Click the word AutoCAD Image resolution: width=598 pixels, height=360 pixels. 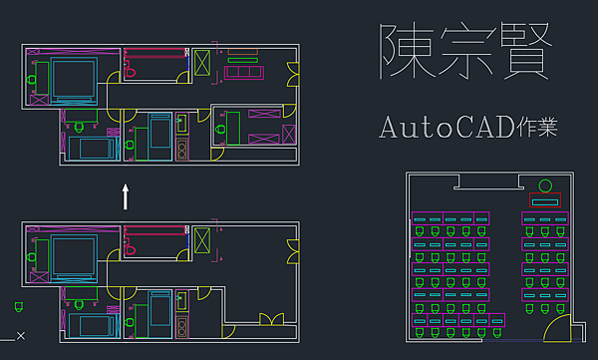442,127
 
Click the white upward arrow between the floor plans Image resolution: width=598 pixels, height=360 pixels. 126,195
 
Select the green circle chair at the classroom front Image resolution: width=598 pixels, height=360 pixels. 545,186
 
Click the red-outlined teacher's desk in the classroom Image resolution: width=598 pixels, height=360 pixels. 546,201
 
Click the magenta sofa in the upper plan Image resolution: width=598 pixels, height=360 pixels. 243,71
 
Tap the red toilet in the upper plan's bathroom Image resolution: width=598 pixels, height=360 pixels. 130,68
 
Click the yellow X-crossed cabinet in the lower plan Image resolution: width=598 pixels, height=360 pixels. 202,240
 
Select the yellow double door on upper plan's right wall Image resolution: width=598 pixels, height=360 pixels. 293,78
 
